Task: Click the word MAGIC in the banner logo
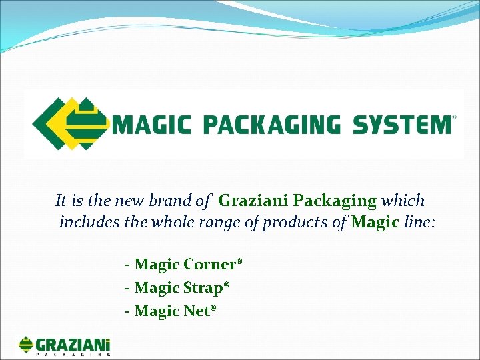tap(153, 125)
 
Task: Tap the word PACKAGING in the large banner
tap(269, 125)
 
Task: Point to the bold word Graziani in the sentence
tap(254, 200)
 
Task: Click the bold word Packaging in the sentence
tap(335, 200)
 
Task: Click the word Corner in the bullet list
tap(209, 265)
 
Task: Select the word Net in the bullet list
tap(197, 311)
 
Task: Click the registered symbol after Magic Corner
tap(239, 261)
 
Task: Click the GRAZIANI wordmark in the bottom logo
tap(73, 345)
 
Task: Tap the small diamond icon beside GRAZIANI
tap(26, 345)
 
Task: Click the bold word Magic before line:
tap(375, 222)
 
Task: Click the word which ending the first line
tap(403, 200)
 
